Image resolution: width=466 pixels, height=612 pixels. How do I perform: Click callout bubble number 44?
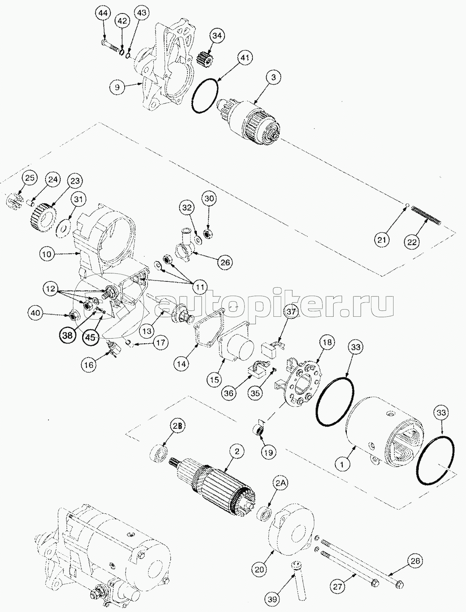point(103,14)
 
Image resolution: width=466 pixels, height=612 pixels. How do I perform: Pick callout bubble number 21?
point(382,240)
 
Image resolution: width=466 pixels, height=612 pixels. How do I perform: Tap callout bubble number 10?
point(47,254)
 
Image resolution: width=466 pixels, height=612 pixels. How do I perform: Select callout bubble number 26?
point(225,263)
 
